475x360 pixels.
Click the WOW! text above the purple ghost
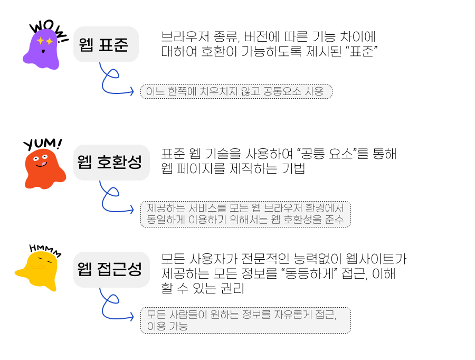tap(47, 29)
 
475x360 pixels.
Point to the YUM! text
tap(42, 144)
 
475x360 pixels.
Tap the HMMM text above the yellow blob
tap(45, 249)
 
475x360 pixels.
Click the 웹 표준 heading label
tap(106, 45)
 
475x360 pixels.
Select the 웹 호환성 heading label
tap(111, 163)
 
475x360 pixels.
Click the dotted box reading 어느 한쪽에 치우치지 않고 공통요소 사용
tap(236, 91)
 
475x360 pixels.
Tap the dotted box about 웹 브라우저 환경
tap(245, 214)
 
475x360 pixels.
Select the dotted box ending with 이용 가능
tap(245, 320)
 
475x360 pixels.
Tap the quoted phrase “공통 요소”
tap(328, 154)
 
